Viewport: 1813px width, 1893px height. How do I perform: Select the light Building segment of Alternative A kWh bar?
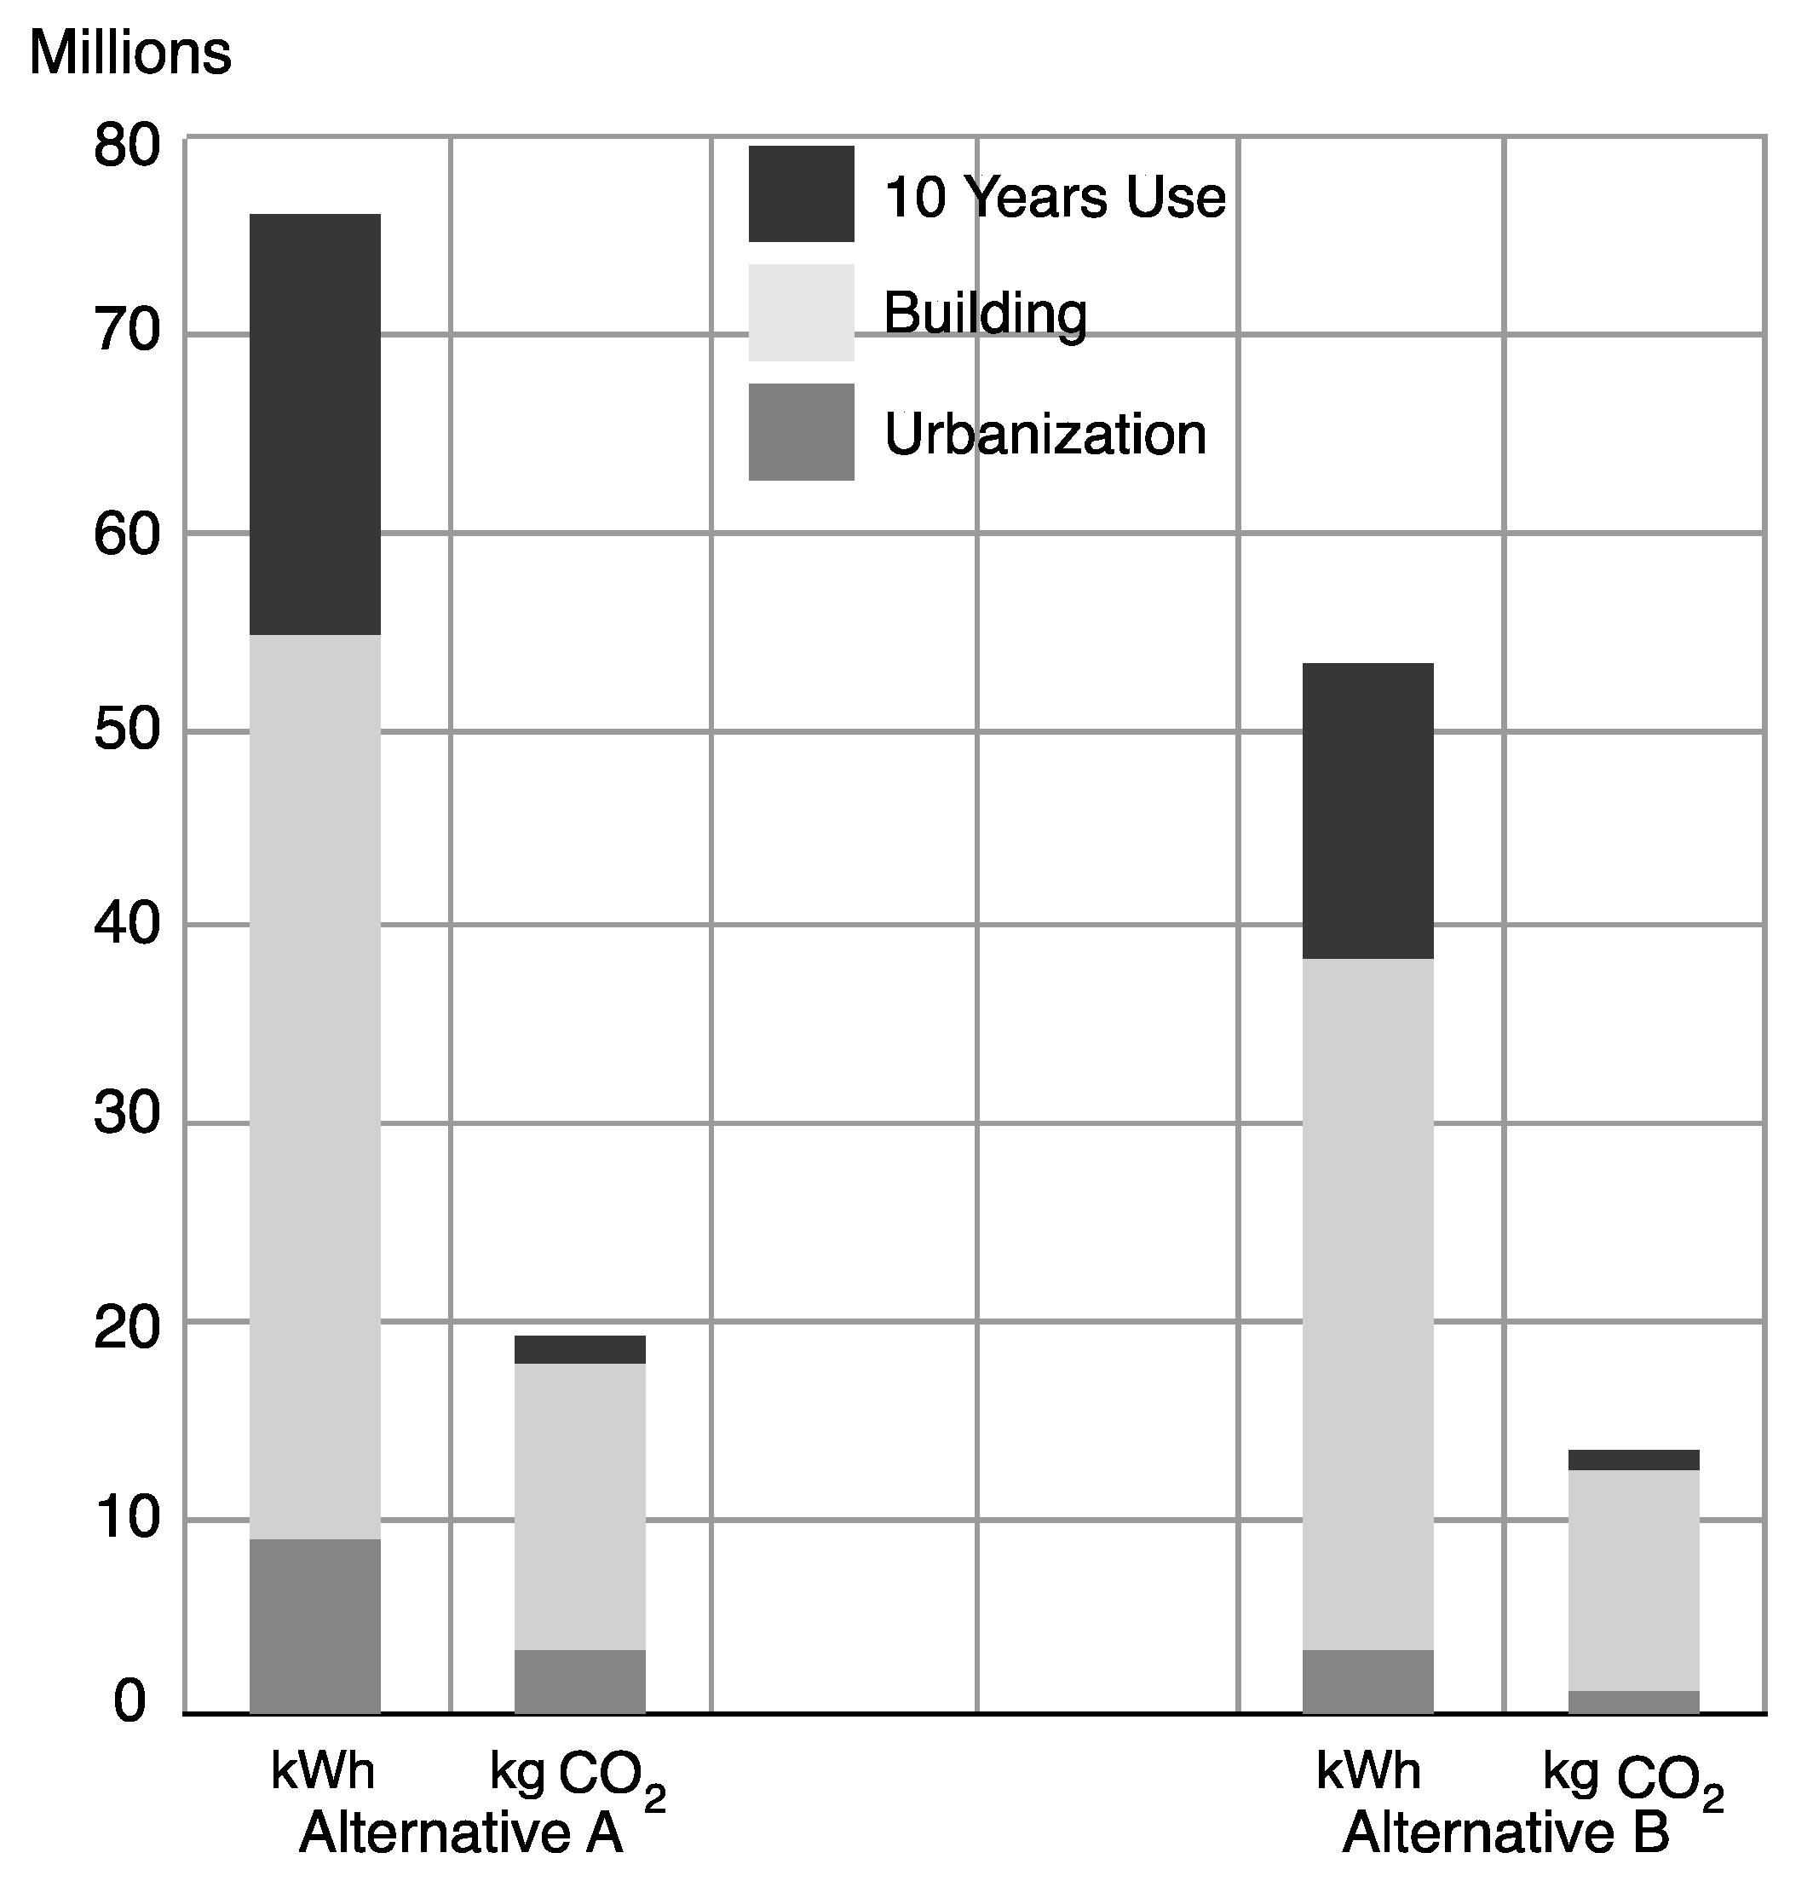pyautogui.click(x=314, y=1087)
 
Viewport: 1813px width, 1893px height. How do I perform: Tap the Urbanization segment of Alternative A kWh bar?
pyautogui.click(x=314, y=1626)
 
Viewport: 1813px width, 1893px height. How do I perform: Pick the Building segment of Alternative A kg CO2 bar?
pyautogui.click(x=579, y=1507)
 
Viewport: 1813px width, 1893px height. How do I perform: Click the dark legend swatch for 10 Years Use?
pyautogui.click(x=800, y=194)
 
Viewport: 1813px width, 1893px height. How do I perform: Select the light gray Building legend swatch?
pyautogui.click(x=800, y=312)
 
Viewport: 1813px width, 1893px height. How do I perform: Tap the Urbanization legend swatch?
pyautogui.click(x=800, y=432)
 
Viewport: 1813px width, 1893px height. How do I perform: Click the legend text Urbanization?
pyautogui.click(x=1045, y=435)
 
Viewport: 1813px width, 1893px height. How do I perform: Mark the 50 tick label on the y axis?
pyautogui.click(x=126, y=731)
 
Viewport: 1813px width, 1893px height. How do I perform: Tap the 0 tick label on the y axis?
pyautogui.click(x=129, y=1702)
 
